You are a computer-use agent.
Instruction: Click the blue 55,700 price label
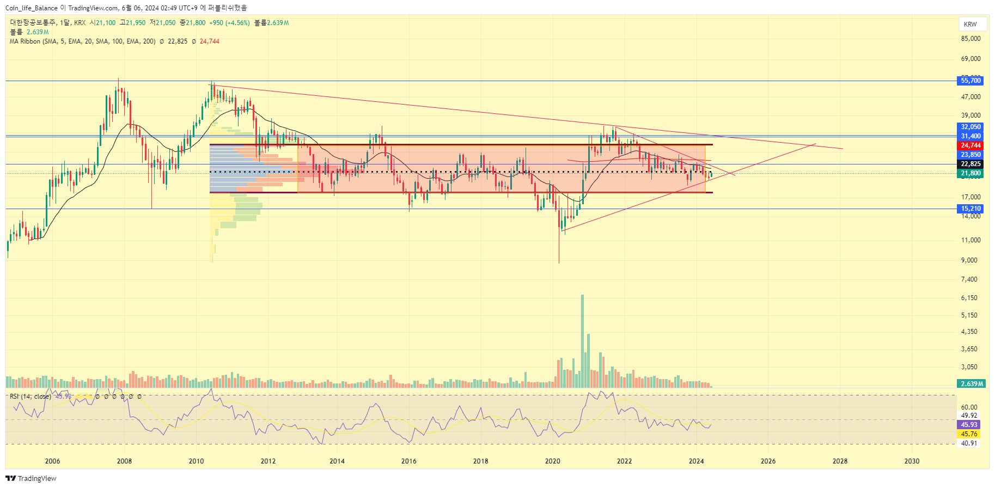[970, 81]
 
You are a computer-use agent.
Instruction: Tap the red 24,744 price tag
[970, 145]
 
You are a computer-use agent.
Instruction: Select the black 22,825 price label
[970, 164]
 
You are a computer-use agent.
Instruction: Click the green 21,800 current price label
[970, 173]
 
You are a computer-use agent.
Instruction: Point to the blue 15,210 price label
[970, 209]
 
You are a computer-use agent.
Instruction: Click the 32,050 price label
[970, 127]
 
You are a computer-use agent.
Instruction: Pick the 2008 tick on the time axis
[124, 461]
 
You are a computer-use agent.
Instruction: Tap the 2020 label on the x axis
[552, 461]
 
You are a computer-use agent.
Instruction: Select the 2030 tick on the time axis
[912, 461]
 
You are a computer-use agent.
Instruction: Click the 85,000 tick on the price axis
[970, 39]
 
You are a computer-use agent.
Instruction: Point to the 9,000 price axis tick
[969, 260]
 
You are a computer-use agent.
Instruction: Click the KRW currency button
[970, 25]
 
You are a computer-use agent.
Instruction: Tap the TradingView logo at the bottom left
[31, 478]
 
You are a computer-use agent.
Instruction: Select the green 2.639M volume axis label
[972, 383]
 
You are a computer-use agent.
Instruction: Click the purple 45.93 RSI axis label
[969, 425]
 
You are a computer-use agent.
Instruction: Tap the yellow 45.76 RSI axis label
[969, 434]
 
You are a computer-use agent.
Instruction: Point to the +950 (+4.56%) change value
[229, 23]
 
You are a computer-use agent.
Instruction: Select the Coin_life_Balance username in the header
[32, 8]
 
